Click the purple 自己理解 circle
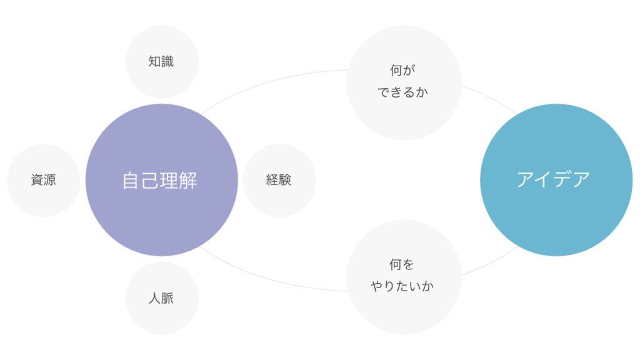click(161, 212)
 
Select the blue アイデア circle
click(556, 212)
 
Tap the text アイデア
click(553, 179)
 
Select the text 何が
click(403, 71)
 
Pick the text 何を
click(403, 265)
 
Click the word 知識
click(161, 62)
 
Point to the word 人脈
click(161, 298)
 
